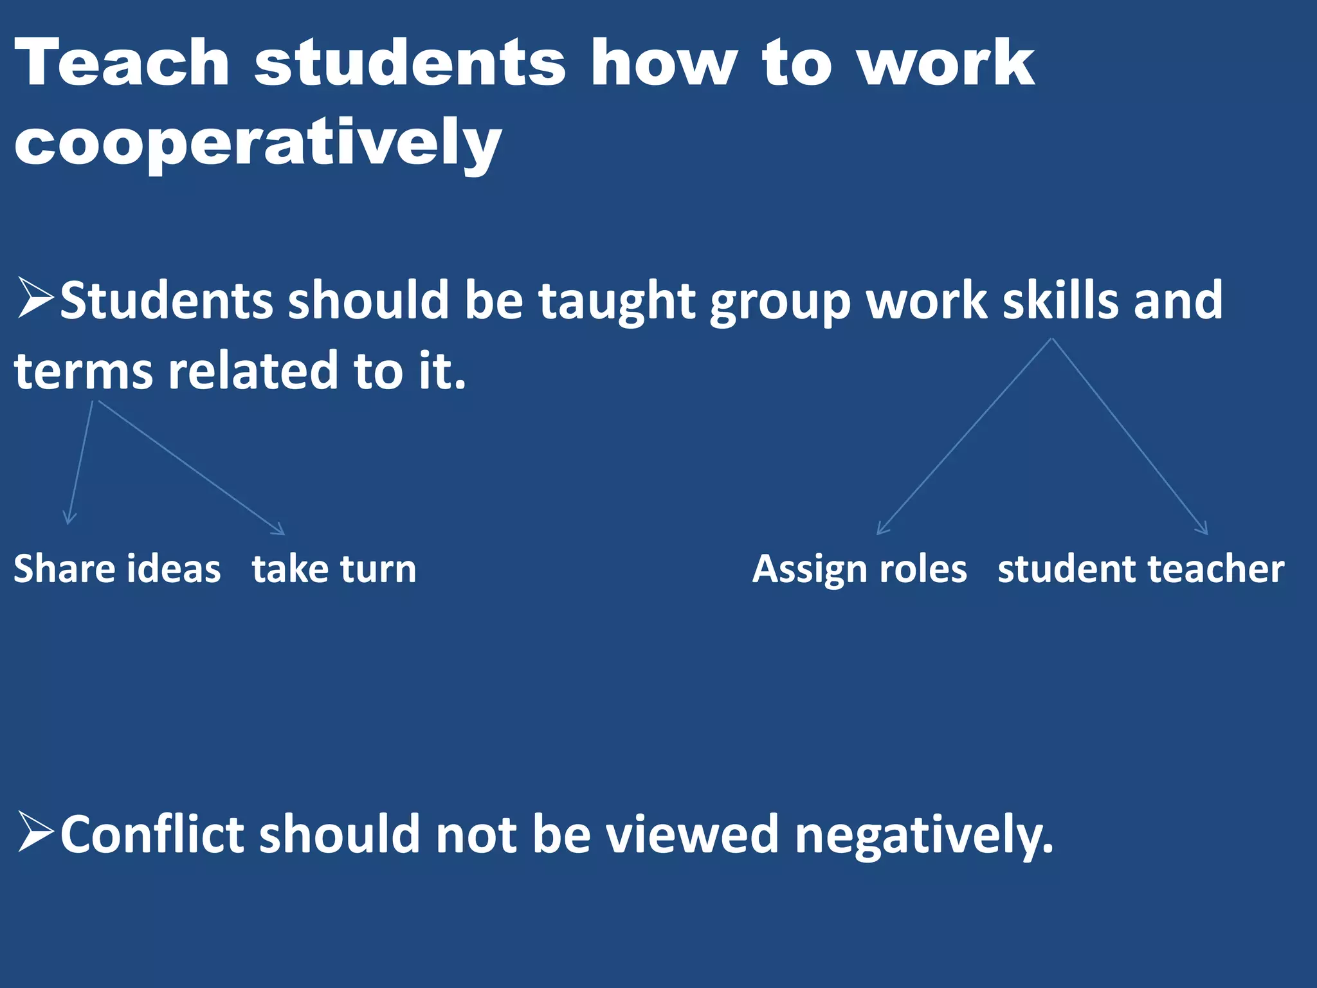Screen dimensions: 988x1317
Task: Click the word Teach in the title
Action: (122, 62)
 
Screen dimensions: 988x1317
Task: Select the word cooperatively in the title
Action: (257, 143)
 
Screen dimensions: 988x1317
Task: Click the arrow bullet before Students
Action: (36, 298)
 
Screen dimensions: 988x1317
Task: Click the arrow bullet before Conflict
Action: (36, 832)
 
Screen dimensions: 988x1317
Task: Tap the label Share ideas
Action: (117, 569)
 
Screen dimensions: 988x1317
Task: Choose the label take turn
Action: (334, 569)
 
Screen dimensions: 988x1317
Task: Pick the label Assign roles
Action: (860, 569)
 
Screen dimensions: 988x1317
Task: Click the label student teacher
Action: (1141, 569)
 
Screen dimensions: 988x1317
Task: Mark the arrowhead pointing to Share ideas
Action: (69, 520)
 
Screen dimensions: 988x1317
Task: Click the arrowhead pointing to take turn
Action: (280, 531)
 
